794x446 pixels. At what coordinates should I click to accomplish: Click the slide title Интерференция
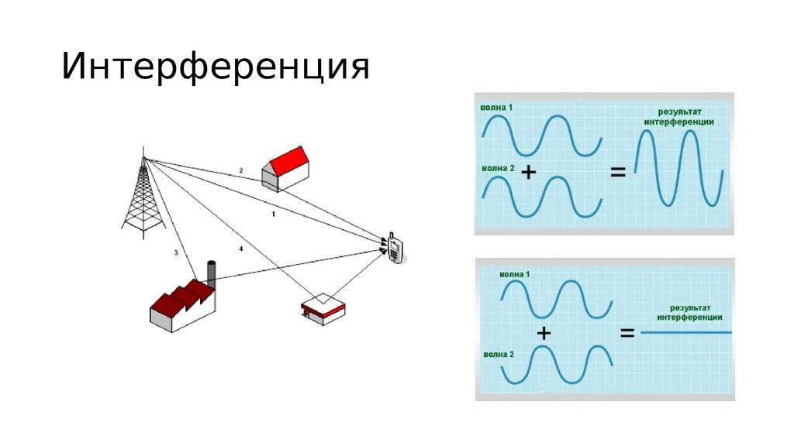216,67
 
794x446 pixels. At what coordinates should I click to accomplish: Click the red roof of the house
292,161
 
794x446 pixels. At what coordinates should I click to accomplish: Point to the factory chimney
210,273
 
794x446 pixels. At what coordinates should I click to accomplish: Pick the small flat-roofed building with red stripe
323,308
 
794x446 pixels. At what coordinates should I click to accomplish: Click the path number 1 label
273,213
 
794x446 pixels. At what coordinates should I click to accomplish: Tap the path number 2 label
241,170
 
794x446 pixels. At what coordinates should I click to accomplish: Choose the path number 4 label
241,249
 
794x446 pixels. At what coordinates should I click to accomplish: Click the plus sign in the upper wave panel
529,173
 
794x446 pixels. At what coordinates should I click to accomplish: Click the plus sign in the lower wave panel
544,333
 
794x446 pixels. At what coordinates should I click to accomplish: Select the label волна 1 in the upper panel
497,107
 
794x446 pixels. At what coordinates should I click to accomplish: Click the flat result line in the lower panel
687,333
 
